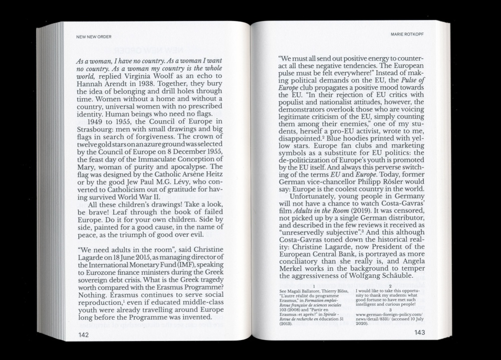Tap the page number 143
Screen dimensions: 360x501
tap(419, 333)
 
